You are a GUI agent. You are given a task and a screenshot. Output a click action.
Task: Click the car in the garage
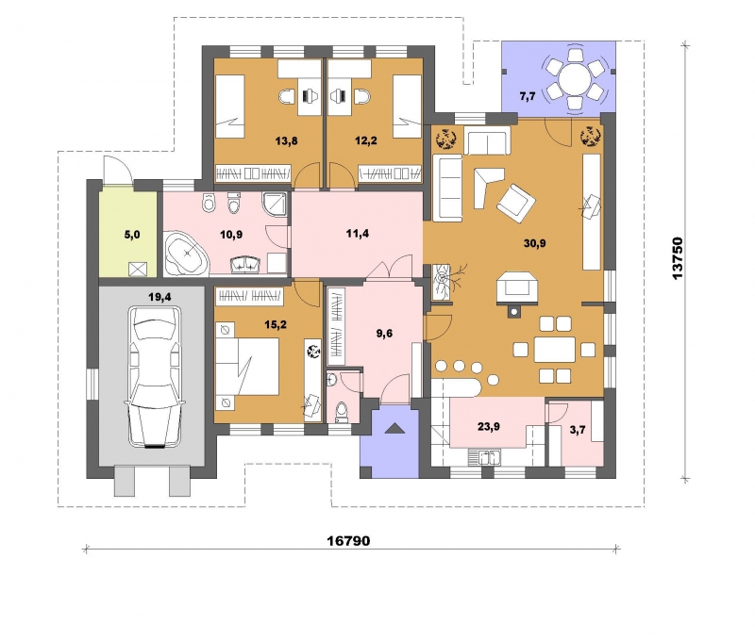155,377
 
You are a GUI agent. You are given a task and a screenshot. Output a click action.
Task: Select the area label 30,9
534,243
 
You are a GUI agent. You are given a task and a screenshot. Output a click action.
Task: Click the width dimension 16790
348,541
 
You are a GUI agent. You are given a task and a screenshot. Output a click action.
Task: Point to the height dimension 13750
677,257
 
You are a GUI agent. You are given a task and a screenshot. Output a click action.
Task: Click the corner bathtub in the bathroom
186,254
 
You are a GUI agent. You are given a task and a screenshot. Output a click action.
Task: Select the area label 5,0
132,235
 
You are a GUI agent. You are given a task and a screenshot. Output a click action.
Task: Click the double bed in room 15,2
247,367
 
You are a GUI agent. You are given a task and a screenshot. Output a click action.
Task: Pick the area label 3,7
578,430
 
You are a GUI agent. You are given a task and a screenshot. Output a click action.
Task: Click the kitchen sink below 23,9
485,457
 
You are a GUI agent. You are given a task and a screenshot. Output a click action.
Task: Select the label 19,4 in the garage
159,297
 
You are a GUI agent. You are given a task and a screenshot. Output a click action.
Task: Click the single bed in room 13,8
229,107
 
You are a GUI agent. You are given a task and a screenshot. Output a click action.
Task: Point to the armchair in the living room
515,204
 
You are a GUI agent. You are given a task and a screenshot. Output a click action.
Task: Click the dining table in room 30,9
555,350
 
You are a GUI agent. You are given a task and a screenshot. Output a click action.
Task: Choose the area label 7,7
528,96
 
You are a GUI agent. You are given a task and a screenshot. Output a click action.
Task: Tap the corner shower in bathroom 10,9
276,205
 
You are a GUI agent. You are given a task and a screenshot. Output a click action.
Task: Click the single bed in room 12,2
408,107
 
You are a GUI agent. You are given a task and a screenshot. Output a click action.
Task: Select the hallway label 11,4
358,234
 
